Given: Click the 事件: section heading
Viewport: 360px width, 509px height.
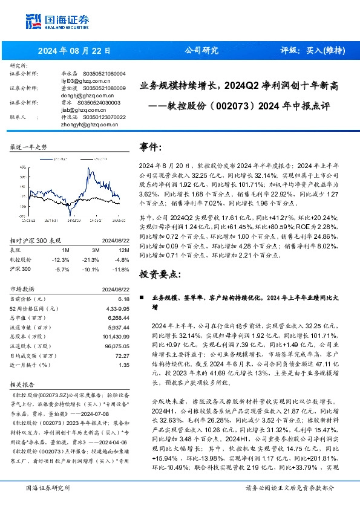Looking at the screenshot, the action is [151, 148].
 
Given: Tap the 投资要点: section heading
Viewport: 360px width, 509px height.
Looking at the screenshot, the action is [160, 274].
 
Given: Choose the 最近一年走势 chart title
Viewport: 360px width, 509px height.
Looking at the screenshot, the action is [29, 148].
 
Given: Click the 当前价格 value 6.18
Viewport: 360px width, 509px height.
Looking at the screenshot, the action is [123, 299].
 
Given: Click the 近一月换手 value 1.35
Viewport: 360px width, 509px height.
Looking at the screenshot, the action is [123, 365].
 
